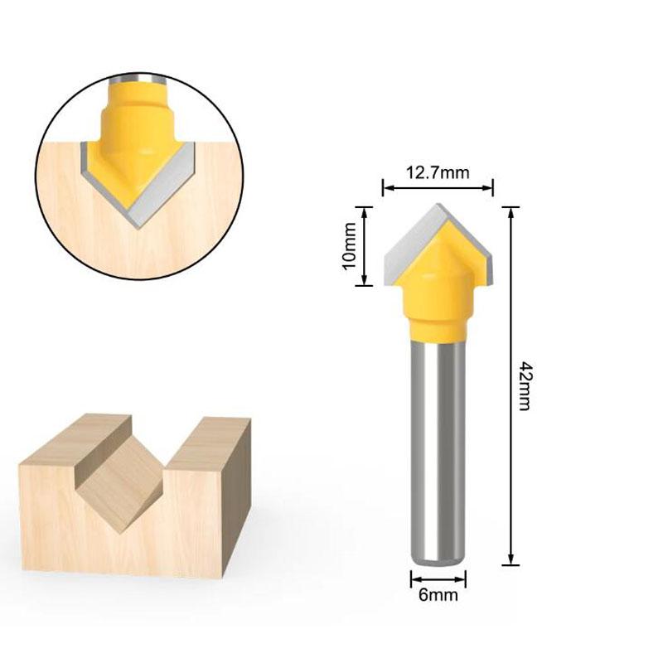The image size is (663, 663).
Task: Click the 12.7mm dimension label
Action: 438,173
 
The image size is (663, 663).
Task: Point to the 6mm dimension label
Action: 438,594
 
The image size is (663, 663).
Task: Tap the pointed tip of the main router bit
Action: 438,206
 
